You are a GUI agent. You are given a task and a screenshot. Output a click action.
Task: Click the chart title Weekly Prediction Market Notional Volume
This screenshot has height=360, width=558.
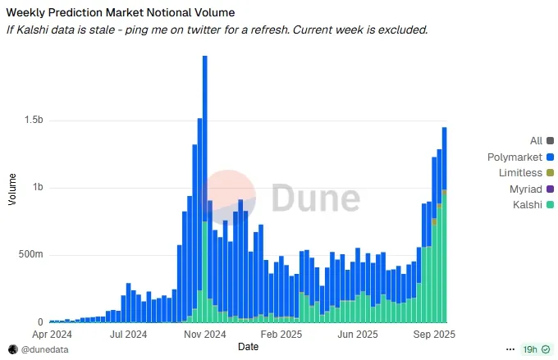120,12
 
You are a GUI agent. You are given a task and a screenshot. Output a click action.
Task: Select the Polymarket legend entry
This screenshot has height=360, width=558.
515,157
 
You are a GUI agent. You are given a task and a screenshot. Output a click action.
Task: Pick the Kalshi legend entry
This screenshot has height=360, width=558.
526,204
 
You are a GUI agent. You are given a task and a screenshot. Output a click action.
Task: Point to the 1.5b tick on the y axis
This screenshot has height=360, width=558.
34,121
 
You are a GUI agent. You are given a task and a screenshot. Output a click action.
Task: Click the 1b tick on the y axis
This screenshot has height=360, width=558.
38,188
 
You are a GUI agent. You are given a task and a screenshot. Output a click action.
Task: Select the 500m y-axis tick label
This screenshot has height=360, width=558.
32,255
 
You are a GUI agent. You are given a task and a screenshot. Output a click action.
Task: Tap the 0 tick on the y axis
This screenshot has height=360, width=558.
41,322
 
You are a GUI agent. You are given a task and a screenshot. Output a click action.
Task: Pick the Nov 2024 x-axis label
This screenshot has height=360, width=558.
204,335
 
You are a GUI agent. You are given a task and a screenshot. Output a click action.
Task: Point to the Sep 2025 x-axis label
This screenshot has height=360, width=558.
433,335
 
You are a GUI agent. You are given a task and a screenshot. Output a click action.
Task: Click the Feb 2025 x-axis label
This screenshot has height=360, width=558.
281,335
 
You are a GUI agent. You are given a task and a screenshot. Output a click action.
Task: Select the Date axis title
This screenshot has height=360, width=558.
248,348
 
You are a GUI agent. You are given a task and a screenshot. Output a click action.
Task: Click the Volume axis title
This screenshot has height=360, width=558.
11,189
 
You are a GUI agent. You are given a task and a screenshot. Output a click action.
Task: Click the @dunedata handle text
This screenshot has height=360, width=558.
45,349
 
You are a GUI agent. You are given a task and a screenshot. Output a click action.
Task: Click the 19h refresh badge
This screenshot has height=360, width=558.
531,349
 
